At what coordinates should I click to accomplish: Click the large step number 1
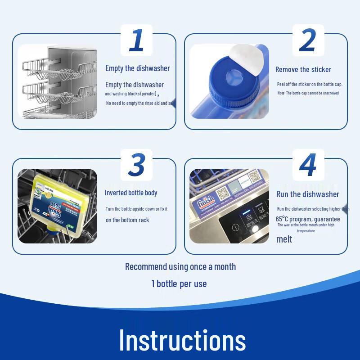pos(136,40)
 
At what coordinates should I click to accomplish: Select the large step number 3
pos(136,165)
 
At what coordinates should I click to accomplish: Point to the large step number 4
pos(308,165)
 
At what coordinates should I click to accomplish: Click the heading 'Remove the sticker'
pos(303,69)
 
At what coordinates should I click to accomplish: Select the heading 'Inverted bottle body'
pos(131,193)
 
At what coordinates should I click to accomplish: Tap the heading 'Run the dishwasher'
pos(308,194)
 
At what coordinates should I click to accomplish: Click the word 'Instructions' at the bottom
pos(182,340)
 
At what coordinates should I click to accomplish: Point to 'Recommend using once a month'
pos(180,266)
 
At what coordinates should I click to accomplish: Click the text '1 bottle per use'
pos(179,283)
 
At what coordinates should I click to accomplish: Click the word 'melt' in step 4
pos(284,239)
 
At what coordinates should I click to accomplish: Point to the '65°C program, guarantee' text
pos(308,219)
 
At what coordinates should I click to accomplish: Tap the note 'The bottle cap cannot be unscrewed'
pos(308,93)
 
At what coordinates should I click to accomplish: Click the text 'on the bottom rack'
pos(127,220)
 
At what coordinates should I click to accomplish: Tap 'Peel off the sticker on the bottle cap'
pos(310,84)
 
